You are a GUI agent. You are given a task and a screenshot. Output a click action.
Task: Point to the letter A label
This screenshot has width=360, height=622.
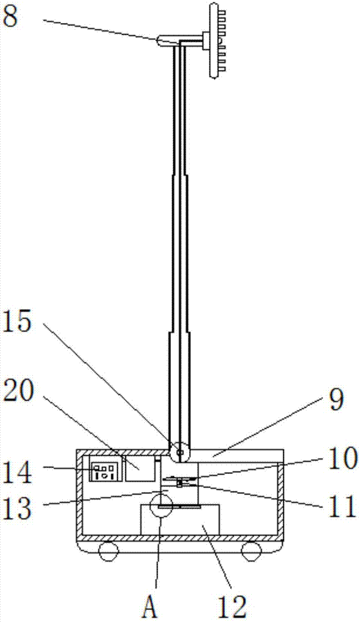click(x=150, y=606)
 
